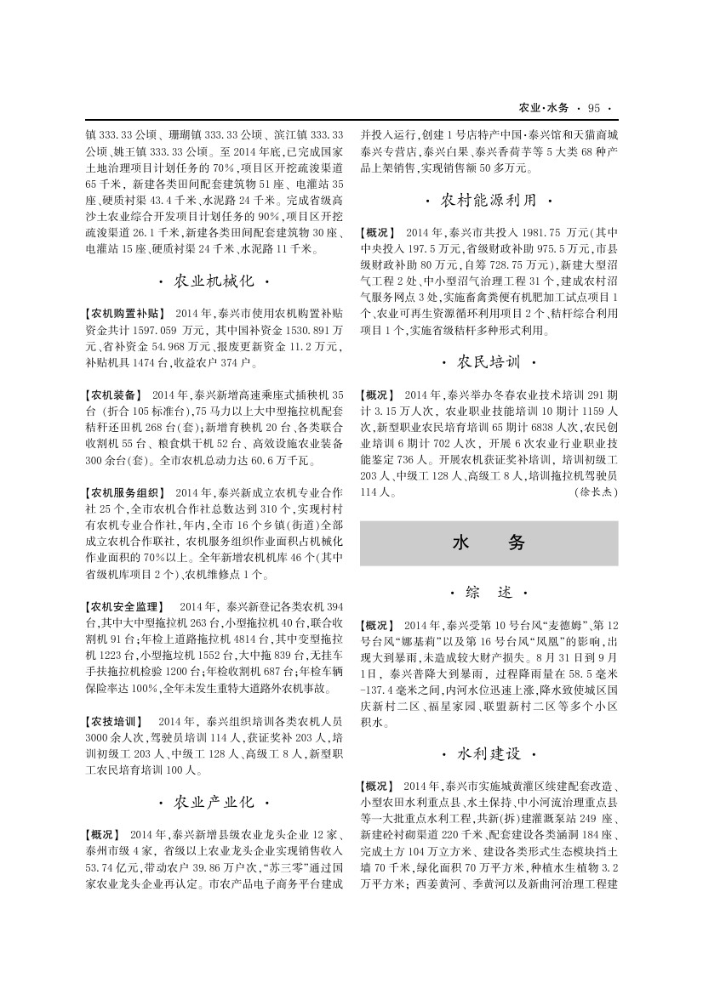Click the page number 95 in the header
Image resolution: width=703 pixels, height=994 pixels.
[x=594, y=108]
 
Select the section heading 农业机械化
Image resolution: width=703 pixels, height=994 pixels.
[x=214, y=281]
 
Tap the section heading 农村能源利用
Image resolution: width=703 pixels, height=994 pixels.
[x=489, y=202]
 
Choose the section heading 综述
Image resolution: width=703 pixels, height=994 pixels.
[x=489, y=591]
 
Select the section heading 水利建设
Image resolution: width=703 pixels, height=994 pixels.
[x=489, y=754]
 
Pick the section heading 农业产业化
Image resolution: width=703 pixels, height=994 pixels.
[x=214, y=802]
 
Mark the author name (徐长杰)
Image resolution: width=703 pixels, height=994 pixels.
[x=596, y=492]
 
